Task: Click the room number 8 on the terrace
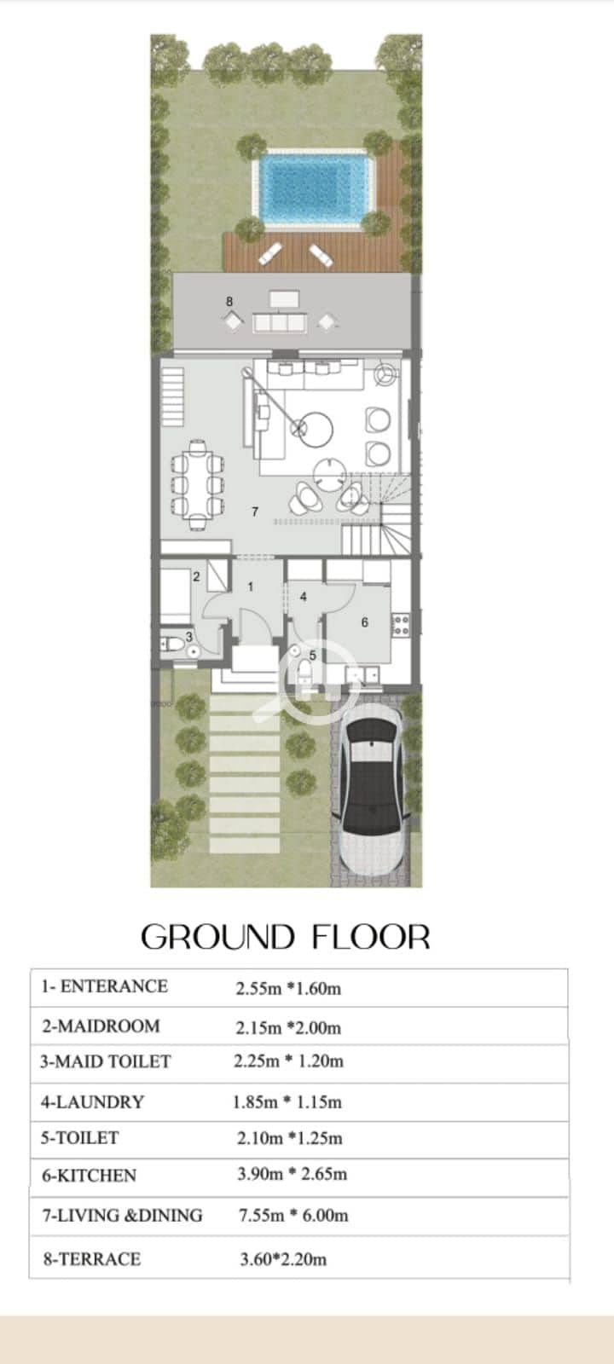coord(229,302)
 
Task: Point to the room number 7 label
coord(255,511)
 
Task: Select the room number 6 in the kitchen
coord(364,621)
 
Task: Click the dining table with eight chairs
coord(198,485)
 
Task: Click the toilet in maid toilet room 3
coord(174,644)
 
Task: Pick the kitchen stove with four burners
coord(401,626)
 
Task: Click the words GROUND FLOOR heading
coord(286,937)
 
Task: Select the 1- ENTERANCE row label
coord(104,985)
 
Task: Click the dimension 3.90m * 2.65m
coord(293,1174)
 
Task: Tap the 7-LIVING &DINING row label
coord(122,1216)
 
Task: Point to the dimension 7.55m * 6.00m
coord(293,1216)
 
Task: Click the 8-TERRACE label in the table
coord(92,1258)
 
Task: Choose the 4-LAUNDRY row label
coord(93,1101)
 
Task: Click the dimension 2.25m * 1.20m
coord(289,1061)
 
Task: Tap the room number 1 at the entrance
coord(251,587)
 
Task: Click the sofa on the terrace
coord(280,323)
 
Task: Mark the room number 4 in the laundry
coord(304,598)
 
